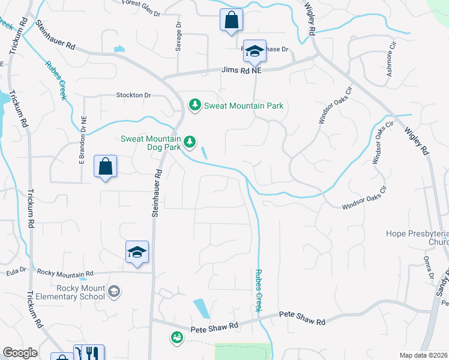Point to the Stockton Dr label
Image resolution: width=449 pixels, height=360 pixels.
click(133, 95)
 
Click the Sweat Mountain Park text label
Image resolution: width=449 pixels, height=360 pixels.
click(243, 106)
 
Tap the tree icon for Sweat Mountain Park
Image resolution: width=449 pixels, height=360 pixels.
click(194, 106)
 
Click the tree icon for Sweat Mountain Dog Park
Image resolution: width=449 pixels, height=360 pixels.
click(190, 142)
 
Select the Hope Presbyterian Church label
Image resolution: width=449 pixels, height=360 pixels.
click(418, 238)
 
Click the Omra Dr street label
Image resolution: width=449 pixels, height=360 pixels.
click(427, 268)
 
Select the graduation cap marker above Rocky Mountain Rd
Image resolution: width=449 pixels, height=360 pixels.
click(137, 251)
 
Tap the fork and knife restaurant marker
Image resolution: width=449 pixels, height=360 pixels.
click(92, 353)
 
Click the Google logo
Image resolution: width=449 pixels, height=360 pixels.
click(20, 353)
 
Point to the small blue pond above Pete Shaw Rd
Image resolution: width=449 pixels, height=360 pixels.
click(201, 308)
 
